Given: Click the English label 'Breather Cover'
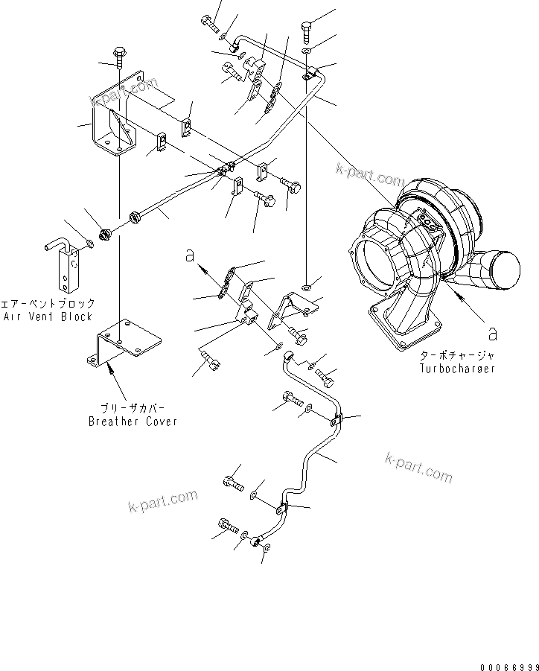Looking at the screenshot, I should (133, 422).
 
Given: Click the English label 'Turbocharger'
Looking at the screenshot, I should (456, 369).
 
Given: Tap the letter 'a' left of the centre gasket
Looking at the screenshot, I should (191, 256).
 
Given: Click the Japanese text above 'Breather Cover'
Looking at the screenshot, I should (133, 409).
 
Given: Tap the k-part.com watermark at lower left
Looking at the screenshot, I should (162, 500).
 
